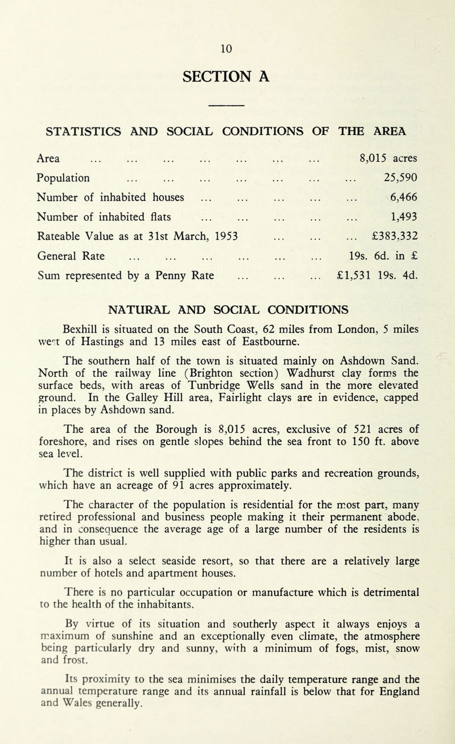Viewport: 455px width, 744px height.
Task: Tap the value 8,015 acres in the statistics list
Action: point(389,155)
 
